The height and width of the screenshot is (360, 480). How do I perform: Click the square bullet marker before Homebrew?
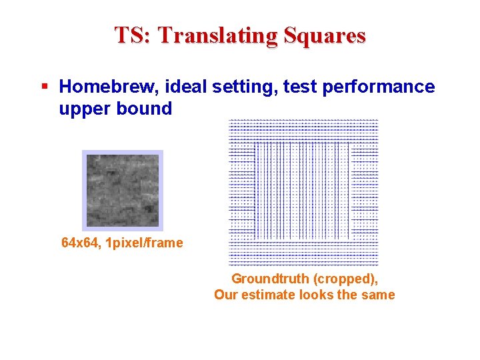[45, 87]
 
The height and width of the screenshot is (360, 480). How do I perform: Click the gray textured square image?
[123, 190]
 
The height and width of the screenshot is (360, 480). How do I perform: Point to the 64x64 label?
[80, 243]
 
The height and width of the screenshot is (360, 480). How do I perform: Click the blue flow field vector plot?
[303, 193]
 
